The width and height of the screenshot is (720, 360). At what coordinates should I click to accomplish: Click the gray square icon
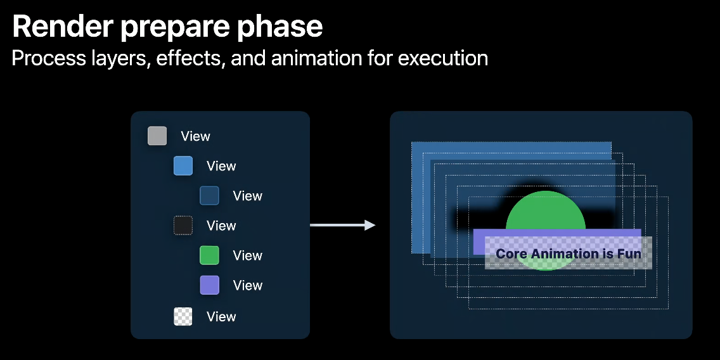click(157, 136)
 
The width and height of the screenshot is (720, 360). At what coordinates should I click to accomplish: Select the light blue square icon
click(183, 165)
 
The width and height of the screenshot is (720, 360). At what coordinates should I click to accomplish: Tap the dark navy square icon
click(209, 195)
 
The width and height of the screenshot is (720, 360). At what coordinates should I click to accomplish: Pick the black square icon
click(183, 225)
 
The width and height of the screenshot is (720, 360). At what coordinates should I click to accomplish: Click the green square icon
click(209, 255)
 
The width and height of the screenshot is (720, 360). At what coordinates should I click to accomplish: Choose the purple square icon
click(209, 285)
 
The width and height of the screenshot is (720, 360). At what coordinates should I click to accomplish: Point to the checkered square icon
click(183, 316)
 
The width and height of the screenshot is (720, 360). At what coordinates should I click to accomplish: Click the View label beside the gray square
click(195, 136)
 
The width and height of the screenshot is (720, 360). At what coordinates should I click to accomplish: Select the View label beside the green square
click(247, 255)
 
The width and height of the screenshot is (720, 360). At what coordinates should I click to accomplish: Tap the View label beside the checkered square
click(221, 316)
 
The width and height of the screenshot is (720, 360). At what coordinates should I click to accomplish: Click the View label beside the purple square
click(247, 285)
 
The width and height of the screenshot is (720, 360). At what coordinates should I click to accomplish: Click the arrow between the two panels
click(342, 225)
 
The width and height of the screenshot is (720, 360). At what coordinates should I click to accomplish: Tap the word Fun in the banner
click(629, 254)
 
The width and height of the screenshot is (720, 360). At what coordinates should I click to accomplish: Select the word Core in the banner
click(511, 254)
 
